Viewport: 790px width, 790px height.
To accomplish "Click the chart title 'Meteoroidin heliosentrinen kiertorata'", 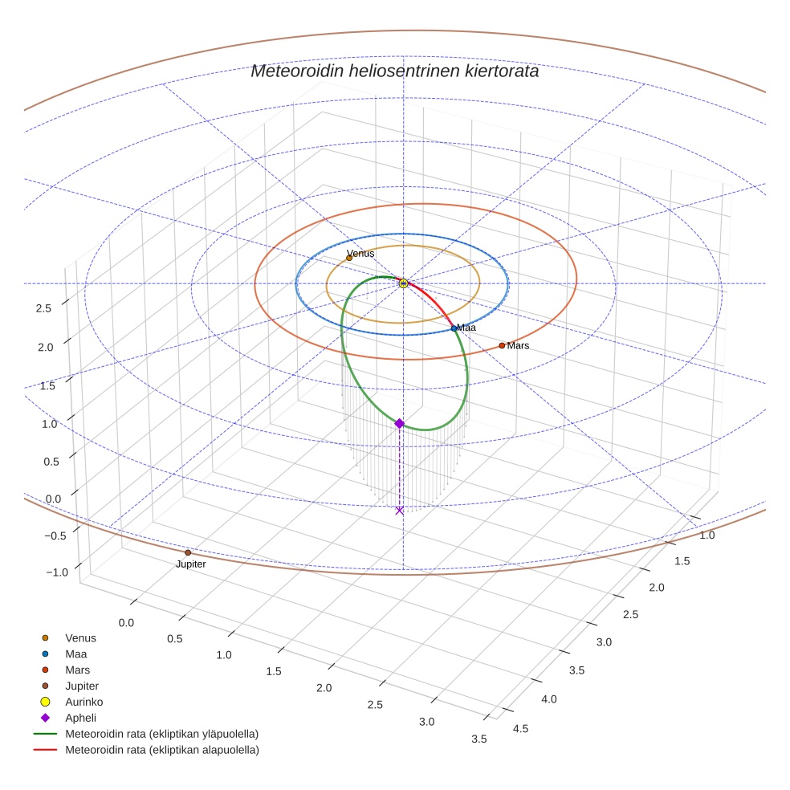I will pos(394,71).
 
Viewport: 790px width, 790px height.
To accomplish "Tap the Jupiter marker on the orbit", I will pos(188,552).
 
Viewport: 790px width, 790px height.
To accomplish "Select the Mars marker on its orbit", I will pos(502,345).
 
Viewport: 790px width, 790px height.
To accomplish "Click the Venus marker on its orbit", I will pos(349,258).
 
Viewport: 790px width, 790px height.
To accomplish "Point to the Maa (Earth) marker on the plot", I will pos(454,328).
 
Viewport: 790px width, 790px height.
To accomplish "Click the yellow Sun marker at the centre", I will pos(404,283).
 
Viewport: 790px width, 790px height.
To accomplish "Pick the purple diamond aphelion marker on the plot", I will pos(399,423).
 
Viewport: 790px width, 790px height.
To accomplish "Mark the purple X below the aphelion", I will pos(399,510).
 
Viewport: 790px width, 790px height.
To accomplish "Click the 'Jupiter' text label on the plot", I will pos(191,564).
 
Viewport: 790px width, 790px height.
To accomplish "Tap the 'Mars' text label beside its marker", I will pos(518,346).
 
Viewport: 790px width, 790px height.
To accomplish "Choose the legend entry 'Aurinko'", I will pos(83,702).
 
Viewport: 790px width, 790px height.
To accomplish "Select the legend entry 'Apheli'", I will pos(80,718).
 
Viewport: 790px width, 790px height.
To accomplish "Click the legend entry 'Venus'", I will pos(80,637).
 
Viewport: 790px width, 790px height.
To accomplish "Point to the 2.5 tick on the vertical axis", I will pos(45,308).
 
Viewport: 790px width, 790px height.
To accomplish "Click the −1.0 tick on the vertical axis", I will pos(57,572).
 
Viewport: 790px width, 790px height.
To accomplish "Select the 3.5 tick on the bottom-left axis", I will pos(479,739).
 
